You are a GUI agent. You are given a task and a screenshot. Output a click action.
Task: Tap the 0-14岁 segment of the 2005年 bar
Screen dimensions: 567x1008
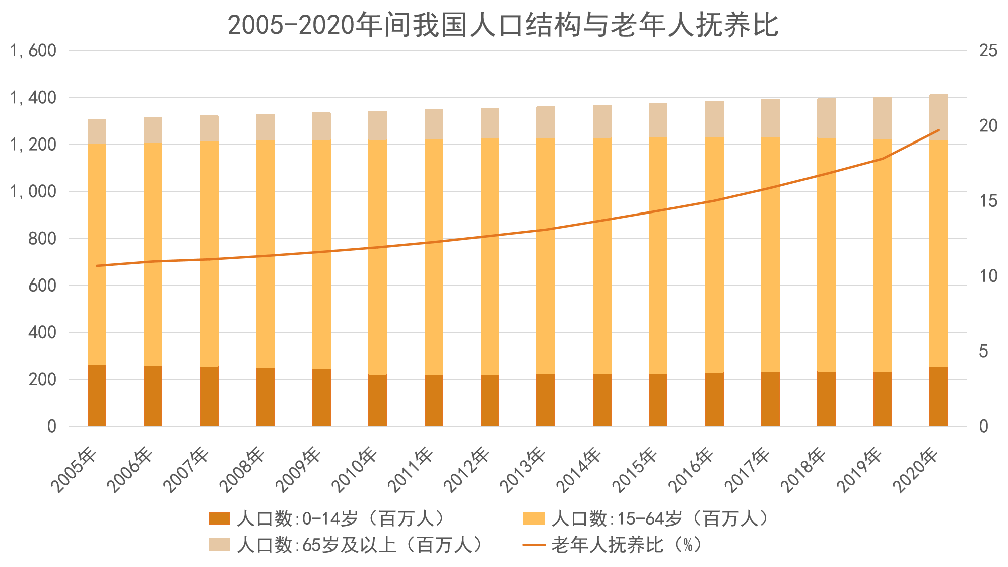click(x=97, y=395)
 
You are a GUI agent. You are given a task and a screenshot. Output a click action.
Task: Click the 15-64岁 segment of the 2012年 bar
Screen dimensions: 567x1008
click(x=490, y=257)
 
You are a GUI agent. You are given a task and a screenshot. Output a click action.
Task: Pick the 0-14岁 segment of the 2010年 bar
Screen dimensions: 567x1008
click(x=377, y=400)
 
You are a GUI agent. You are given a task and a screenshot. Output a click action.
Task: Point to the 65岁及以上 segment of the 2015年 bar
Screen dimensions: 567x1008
click(x=658, y=120)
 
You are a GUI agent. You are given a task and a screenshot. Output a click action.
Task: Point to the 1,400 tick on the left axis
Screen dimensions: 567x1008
click(x=33, y=97)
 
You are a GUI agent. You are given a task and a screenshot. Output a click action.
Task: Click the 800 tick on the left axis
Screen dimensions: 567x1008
click(x=42, y=238)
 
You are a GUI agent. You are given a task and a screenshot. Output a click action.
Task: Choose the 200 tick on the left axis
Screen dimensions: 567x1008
click(x=42, y=379)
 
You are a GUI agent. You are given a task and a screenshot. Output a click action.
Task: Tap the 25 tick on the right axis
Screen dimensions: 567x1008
click(x=988, y=50)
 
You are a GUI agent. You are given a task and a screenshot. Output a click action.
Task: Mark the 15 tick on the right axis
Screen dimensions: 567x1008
click(x=988, y=201)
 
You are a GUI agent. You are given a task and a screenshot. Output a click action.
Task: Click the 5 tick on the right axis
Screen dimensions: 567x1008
click(x=983, y=351)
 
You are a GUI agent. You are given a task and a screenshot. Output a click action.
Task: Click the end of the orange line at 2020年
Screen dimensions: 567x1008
click(x=938, y=130)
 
